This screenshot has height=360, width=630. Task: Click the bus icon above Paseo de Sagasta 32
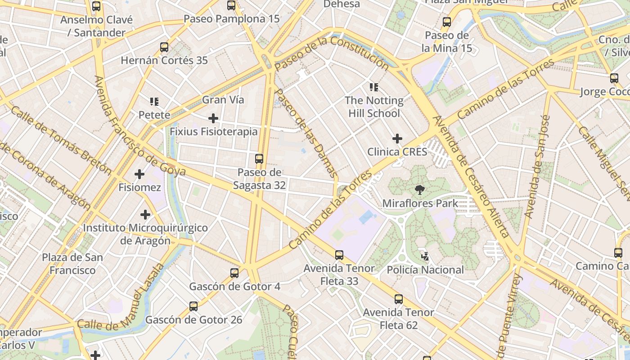tap(259, 158)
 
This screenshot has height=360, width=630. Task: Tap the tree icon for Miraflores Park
tap(420, 189)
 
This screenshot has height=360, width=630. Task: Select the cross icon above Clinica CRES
tap(397, 138)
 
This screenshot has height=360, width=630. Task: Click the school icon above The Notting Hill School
tap(374, 87)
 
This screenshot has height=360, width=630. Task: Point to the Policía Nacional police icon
tap(425, 256)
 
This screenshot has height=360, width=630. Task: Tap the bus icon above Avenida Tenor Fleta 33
tap(339, 255)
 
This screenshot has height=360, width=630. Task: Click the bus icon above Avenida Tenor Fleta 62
tap(398, 299)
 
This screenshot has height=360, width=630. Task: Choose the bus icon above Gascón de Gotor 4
tap(234, 273)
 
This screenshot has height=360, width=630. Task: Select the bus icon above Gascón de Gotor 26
tap(193, 306)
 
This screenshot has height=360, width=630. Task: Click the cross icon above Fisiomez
tap(139, 174)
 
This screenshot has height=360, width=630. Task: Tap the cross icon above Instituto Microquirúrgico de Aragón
tap(145, 215)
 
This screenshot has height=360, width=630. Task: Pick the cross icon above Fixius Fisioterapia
tap(213, 118)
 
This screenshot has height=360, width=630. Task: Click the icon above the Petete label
tap(154, 102)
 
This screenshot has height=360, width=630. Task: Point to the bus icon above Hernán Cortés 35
tap(164, 47)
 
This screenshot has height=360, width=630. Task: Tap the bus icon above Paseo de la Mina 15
tap(446, 22)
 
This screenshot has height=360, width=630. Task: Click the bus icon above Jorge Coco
tap(614, 78)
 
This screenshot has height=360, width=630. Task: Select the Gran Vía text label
tap(223, 100)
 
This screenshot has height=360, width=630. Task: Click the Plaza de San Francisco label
tap(72, 264)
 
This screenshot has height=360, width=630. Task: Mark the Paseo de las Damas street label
tap(306, 133)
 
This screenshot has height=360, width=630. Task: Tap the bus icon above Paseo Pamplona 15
tap(231, 5)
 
